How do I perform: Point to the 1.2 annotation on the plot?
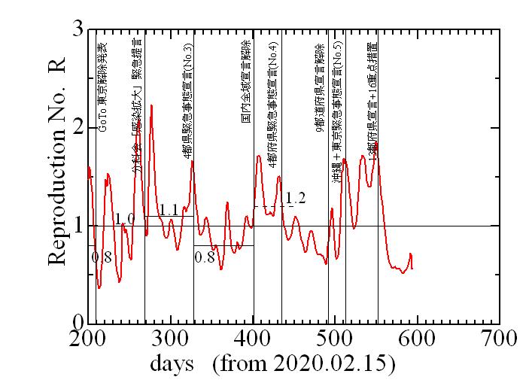pos(296,198)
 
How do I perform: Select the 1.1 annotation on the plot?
pos(169,210)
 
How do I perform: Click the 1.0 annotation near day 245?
pos(125,219)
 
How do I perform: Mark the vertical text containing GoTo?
pos(104,86)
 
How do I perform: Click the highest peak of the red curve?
pos(151,105)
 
